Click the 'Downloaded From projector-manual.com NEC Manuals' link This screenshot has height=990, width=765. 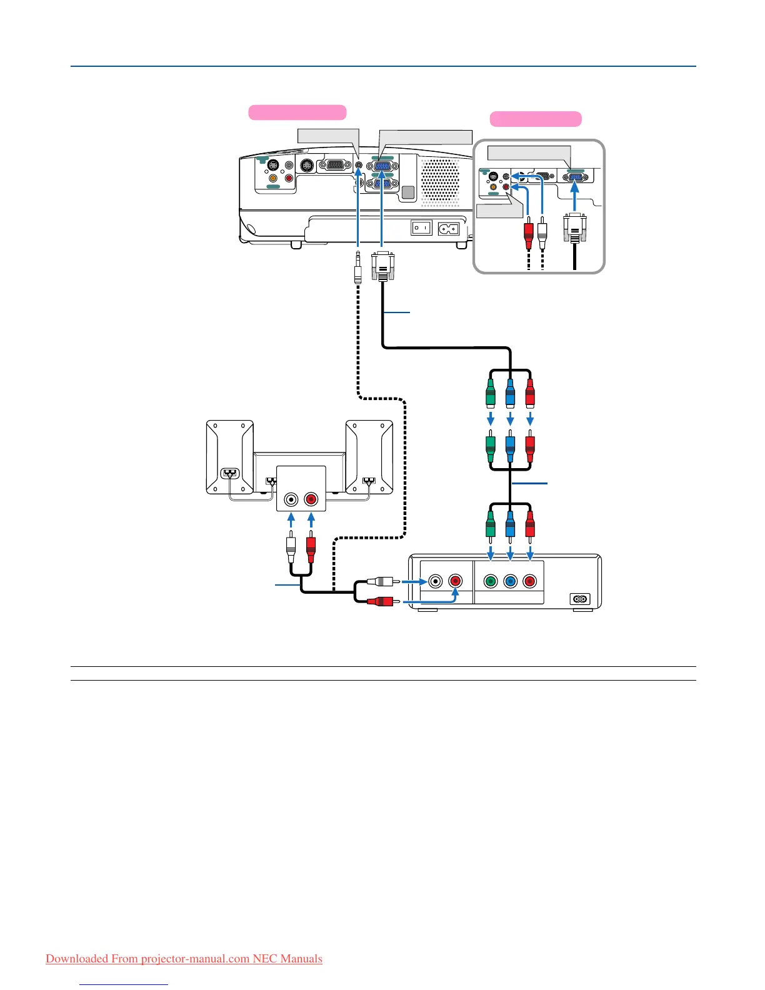[184, 959]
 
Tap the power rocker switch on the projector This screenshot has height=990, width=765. [421, 228]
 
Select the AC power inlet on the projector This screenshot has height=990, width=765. [449, 229]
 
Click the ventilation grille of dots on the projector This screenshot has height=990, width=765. [441, 181]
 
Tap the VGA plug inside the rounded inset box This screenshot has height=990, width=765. [574, 229]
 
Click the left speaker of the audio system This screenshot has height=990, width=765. [229, 457]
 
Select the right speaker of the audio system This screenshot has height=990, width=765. [369, 457]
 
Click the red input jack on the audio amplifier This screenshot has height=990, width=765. [311, 499]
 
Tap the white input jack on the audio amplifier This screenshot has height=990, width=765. [291, 499]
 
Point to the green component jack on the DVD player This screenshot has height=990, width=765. [491, 582]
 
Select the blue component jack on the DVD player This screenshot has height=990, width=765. [511, 582]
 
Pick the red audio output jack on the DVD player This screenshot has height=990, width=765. [455, 582]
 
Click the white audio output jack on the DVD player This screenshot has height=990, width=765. [435, 582]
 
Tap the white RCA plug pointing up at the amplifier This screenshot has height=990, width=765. [291, 548]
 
